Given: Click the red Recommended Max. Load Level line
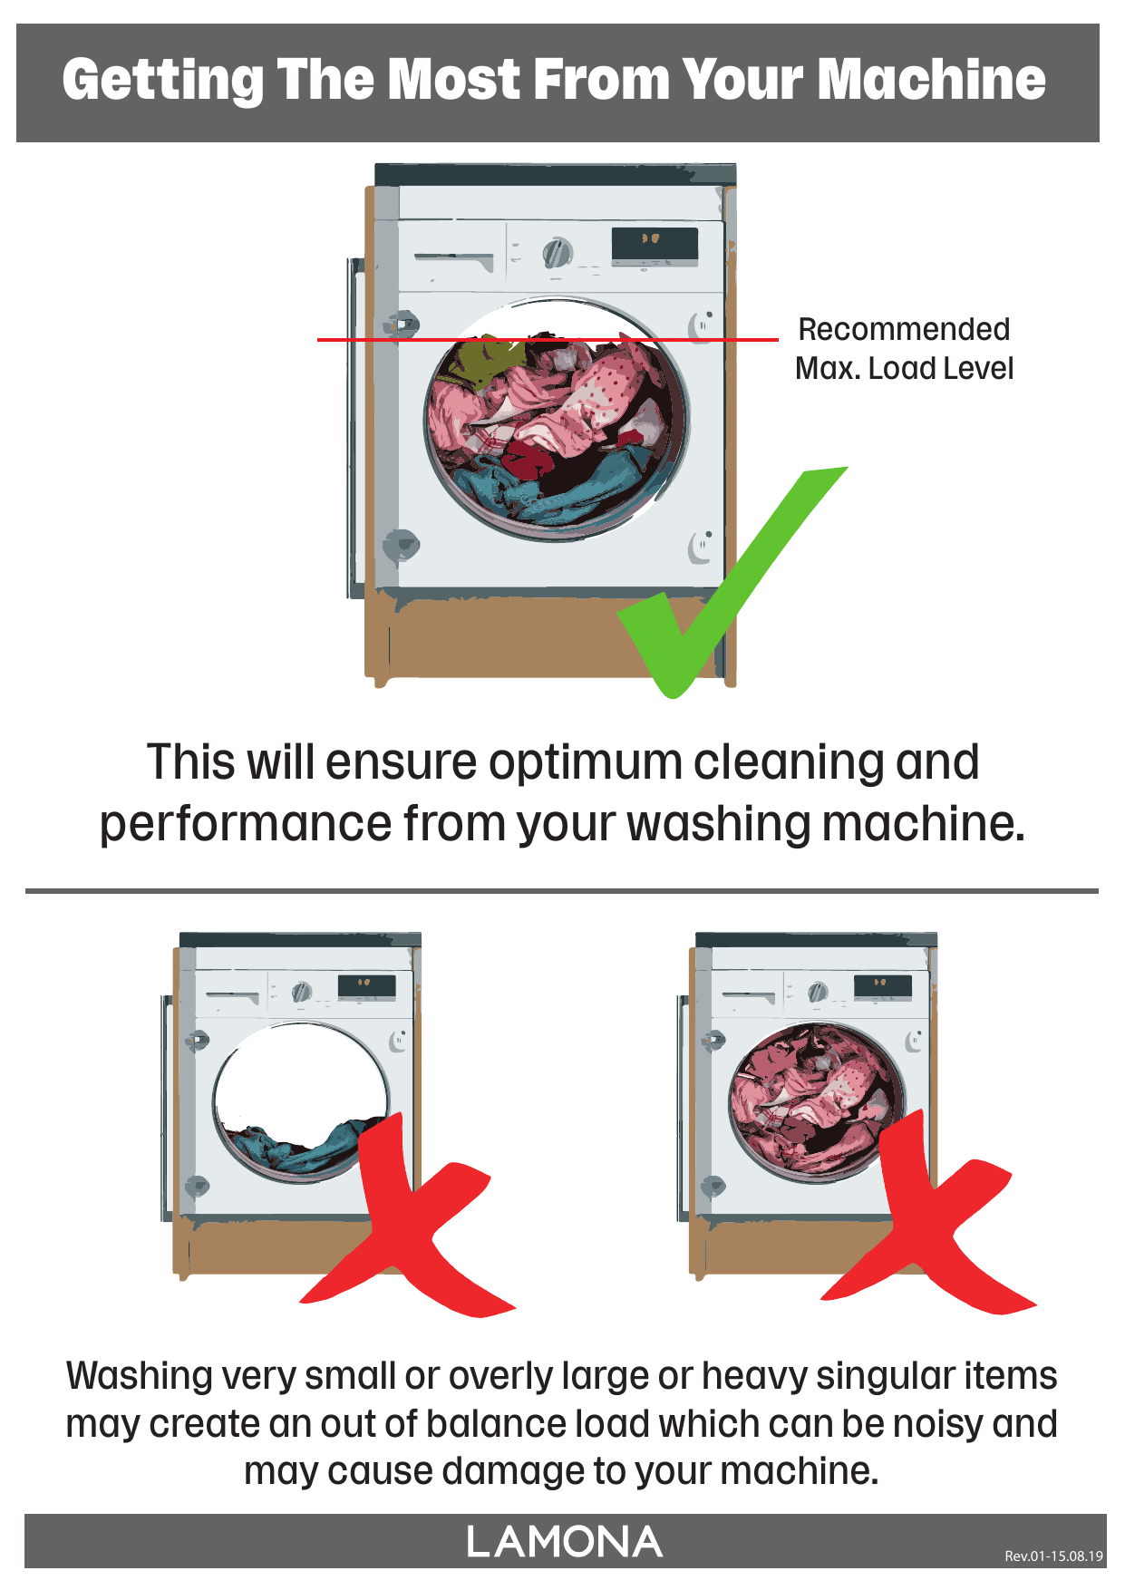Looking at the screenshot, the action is [x=548, y=340].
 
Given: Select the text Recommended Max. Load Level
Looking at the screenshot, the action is [x=904, y=349].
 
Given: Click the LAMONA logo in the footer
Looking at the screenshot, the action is [x=564, y=1542].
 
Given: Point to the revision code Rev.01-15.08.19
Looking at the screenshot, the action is [x=1053, y=1556].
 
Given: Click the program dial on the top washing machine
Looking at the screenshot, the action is [x=557, y=252].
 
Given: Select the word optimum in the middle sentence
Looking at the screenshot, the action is [x=586, y=763].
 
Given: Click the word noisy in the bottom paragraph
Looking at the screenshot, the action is [x=938, y=1424].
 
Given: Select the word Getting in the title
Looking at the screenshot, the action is [x=163, y=80].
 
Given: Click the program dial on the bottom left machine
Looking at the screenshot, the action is [x=302, y=992].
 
